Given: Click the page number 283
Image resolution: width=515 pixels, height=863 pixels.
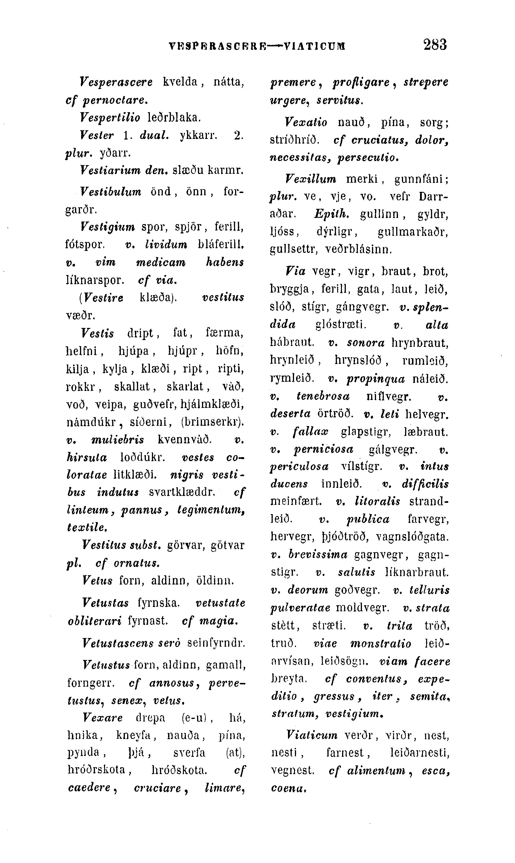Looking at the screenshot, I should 435,45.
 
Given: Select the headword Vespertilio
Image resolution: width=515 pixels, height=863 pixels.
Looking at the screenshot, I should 110,118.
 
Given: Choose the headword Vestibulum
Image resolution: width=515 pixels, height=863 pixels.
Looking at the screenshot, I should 111,192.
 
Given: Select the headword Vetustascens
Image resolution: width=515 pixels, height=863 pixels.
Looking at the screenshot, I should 118,643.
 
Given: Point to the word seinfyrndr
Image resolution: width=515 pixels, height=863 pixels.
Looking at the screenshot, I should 216,643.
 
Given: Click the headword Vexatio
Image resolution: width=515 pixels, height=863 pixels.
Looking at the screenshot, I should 306,123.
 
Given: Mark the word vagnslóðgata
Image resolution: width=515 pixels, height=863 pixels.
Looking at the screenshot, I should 413,537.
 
